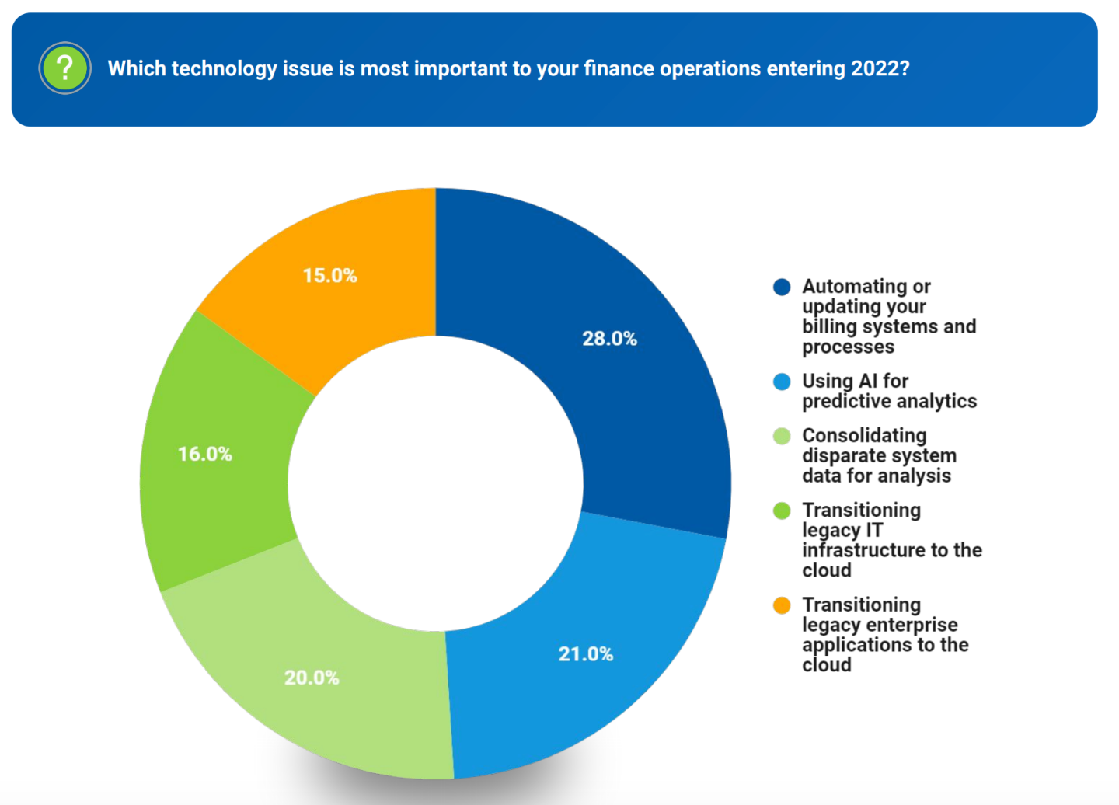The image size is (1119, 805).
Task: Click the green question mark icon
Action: [x=65, y=68]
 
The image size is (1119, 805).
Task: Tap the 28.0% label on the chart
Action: [x=609, y=339]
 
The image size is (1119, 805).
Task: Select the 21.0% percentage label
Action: [x=585, y=654]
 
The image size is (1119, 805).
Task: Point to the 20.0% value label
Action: [x=312, y=678]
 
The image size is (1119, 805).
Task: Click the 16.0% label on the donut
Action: [x=205, y=454]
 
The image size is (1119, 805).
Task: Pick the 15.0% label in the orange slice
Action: [x=329, y=276]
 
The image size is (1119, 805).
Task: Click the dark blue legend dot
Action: [x=782, y=287]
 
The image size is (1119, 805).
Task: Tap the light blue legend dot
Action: [x=782, y=382]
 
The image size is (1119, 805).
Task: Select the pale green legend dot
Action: [x=782, y=436]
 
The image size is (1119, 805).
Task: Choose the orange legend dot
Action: [x=782, y=605]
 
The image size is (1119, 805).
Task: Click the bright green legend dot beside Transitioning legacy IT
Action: [x=782, y=511]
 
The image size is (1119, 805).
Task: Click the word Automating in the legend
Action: [x=855, y=287]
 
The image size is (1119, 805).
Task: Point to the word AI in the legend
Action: [x=868, y=382]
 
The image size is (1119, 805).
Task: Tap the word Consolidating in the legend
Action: [x=864, y=436]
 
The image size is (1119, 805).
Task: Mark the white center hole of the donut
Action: [x=435, y=483]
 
